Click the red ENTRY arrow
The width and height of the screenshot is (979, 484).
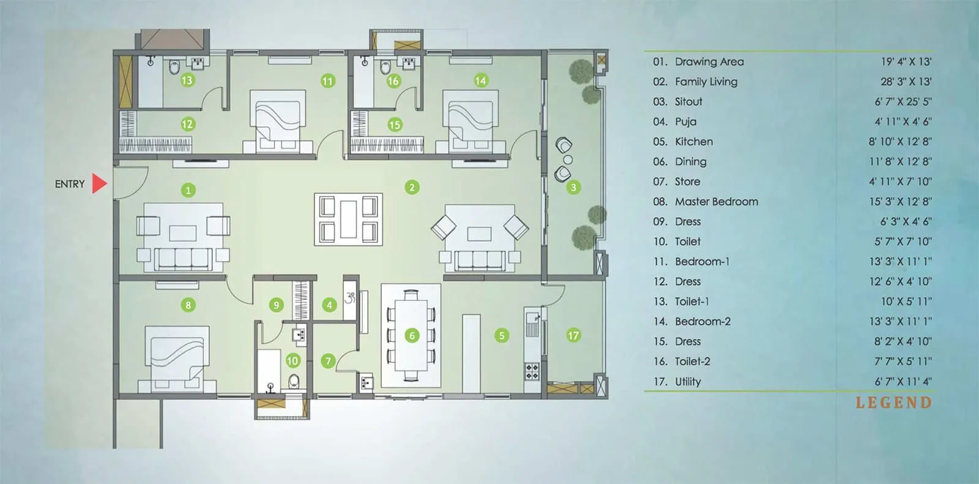(x=99, y=184)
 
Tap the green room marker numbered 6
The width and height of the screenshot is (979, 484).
(x=412, y=335)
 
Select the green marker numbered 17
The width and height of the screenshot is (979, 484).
(x=573, y=335)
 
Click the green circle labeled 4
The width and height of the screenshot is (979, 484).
(x=329, y=305)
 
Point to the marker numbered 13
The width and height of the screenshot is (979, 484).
(x=187, y=80)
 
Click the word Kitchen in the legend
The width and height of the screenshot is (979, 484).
(x=693, y=141)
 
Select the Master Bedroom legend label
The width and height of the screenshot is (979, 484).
(x=716, y=201)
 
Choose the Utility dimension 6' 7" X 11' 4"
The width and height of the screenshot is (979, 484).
(x=903, y=381)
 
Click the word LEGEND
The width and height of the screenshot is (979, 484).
(x=893, y=403)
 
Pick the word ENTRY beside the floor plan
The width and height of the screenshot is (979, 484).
(x=70, y=184)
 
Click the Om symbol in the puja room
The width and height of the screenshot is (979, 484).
(x=351, y=298)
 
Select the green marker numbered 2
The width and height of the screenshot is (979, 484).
(x=412, y=187)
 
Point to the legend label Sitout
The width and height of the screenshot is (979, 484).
(x=688, y=102)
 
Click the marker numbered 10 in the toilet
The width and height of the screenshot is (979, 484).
(x=292, y=360)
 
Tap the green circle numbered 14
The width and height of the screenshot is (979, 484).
(x=481, y=80)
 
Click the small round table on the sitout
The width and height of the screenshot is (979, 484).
(x=568, y=160)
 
